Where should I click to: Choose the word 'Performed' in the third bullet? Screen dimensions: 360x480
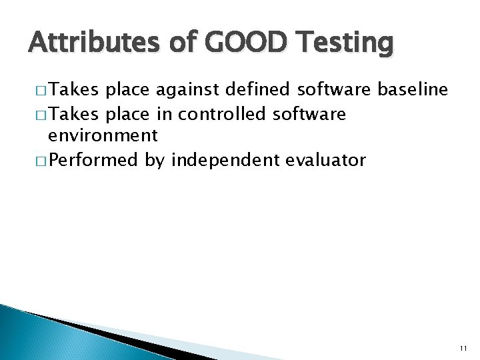pos(93,160)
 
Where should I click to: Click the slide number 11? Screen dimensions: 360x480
pos(463,348)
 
